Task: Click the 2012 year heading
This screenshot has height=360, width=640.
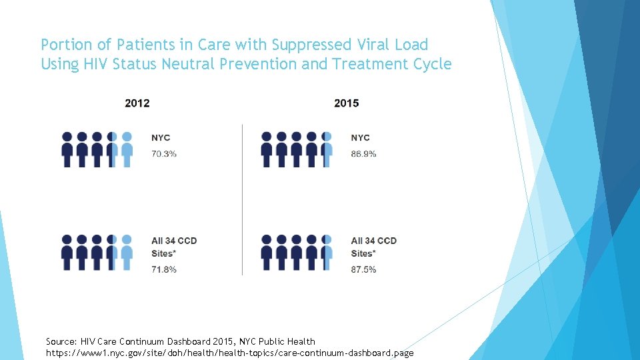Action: pos(137,103)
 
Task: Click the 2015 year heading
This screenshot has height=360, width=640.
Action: pos(346,103)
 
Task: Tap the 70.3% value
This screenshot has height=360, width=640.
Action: pos(164,154)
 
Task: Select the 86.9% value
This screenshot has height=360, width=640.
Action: pos(364,154)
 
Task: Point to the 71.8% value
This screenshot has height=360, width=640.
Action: pos(164,269)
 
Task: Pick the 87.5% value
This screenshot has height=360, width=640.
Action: pos(364,269)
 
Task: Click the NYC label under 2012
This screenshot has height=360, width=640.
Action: pos(161,138)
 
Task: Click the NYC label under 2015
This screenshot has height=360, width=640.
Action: pos(361,138)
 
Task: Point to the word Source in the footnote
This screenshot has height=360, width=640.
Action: pos(61,341)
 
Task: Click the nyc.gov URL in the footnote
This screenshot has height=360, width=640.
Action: pos(229,352)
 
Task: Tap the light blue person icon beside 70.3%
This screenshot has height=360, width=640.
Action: pos(127,149)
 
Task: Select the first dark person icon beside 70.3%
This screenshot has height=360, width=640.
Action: pos(67,149)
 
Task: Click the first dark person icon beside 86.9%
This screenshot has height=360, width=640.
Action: pos(267,149)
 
